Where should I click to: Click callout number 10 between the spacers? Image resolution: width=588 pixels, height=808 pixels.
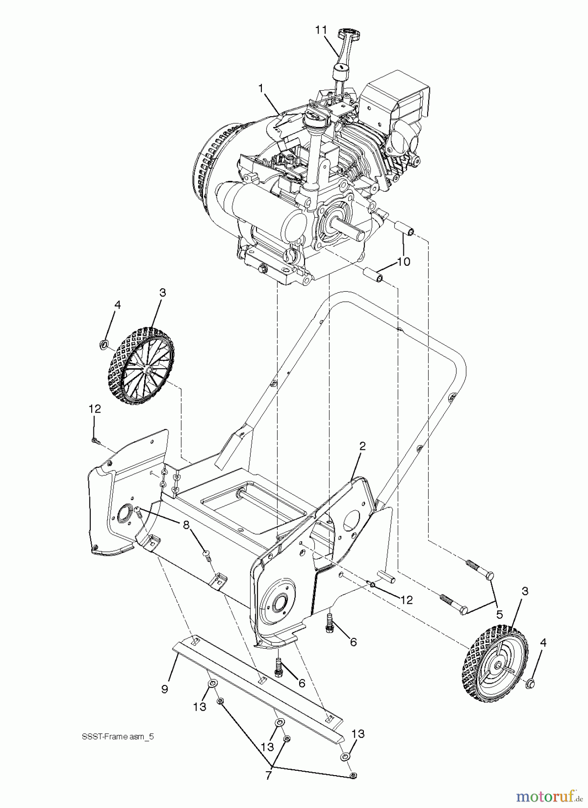404,261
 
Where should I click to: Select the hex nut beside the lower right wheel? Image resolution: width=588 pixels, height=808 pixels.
531,684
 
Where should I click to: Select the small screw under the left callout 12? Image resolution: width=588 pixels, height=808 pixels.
95,441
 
